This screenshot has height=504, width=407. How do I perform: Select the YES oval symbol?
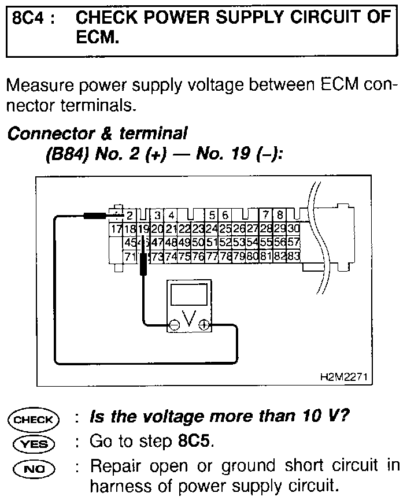pyautogui.click(x=33, y=444)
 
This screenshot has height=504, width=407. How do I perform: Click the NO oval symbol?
pyautogui.click(x=33, y=467)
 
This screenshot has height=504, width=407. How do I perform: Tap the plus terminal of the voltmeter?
pyautogui.click(x=203, y=325)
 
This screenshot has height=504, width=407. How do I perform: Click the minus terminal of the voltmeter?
pyautogui.click(x=173, y=325)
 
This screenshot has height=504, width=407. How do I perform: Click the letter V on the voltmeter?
pyautogui.click(x=188, y=319)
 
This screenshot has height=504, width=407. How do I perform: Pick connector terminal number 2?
pyautogui.click(x=129, y=216)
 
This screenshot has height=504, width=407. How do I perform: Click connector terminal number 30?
pyautogui.click(x=293, y=229)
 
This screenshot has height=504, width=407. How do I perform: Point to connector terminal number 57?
pyautogui.click(x=293, y=242)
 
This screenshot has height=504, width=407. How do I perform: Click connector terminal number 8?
pyautogui.click(x=280, y=216)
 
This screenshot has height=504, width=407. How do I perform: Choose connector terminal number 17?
pyautogui.click(x=115, y=229)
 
